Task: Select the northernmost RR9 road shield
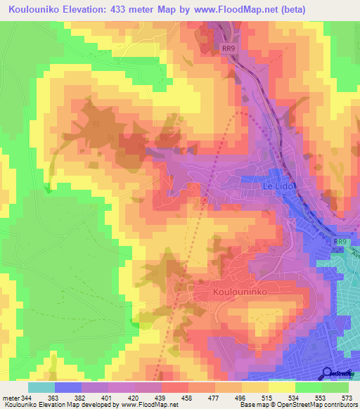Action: click(227, 48)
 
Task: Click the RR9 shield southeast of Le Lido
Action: click(340, 242)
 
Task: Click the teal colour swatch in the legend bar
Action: click(41, 387)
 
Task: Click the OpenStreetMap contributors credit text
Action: click(317, 405)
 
